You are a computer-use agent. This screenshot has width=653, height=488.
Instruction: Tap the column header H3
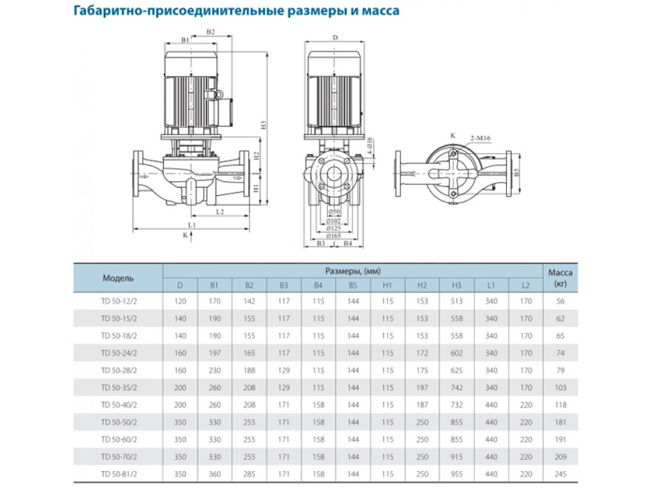(456, 284)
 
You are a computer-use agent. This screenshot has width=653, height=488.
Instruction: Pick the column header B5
(353, 284)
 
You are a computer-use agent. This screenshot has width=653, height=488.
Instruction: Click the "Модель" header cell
(118, 278)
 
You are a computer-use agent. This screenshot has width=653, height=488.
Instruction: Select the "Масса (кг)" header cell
(560, 278)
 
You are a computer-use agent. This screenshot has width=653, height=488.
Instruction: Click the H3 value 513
(456, 301)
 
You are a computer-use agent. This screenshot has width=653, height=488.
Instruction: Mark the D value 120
(180, 301)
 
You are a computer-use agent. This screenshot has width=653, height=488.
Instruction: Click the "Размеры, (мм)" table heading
(353, 270)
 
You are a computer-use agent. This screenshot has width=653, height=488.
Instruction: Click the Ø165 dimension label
(334, 235)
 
